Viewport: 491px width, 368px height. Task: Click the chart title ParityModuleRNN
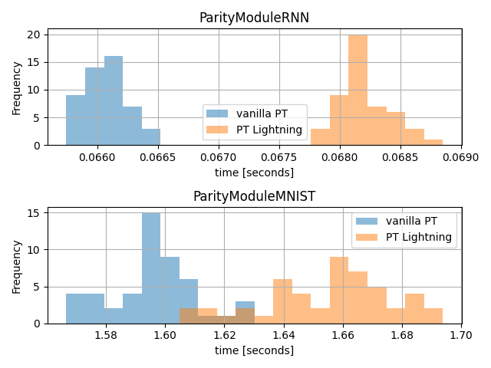point(254,18)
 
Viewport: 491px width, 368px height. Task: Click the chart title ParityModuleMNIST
point(254,196)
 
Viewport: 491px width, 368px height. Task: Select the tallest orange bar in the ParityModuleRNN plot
point(358,90)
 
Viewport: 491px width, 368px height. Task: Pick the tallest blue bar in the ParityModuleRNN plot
point(114,100)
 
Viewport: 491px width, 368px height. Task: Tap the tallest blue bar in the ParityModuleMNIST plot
point(151,268)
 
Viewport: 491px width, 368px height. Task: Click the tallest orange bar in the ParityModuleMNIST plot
point(339,290)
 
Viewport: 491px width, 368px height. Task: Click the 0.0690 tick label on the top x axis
point(462,157)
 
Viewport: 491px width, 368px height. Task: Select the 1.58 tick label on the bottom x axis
point(106,335)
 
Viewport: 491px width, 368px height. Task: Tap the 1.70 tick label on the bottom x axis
point(461,335)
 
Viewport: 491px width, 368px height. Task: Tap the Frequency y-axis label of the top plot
point(17,87)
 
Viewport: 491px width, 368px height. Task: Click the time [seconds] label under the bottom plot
point(254,350)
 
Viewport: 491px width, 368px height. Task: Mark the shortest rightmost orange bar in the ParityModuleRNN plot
point(433,142)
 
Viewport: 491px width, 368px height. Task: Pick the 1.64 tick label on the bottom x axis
point(284,335)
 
